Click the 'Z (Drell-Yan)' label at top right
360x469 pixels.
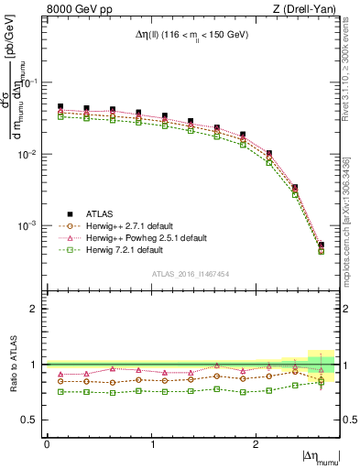311,10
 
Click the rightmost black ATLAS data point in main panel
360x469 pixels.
321,245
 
